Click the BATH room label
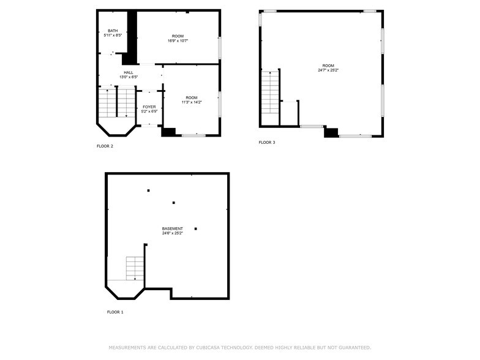(x=113, y=31)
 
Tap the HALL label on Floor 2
(x=129, y=72)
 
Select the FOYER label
(x=149, y=107)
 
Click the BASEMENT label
(x=172, y=228)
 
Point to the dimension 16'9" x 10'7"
(x=178, y=41)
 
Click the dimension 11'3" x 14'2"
(x=192, y=102)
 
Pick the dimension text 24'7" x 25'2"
(x=328, y=70)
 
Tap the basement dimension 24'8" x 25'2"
(x=172, y=233)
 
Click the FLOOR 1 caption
(x=115, y=312)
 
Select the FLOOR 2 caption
(x=105, y=146)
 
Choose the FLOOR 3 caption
(x=267, y=142)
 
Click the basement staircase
(x=135, y=268)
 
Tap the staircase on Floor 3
(x=271, y=92)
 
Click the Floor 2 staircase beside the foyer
(x=117, y=103)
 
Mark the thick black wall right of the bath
(x=131, y=37)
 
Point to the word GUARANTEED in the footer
(x=353, y=347)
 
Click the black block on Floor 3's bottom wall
(x=331, y=132)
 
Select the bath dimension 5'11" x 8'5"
(x=113, y=36)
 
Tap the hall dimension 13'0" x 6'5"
(x=129, y=77)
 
